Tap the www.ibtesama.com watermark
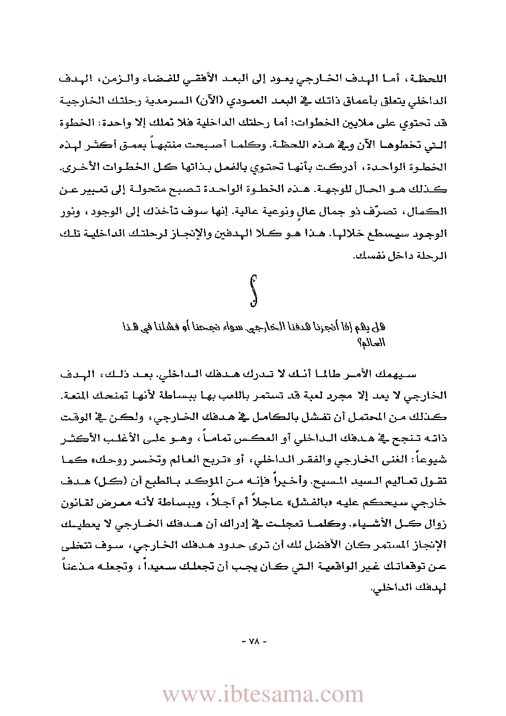tap(263, 695)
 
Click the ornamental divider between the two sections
tap(253, 291)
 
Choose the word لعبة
tap(292, 396)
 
